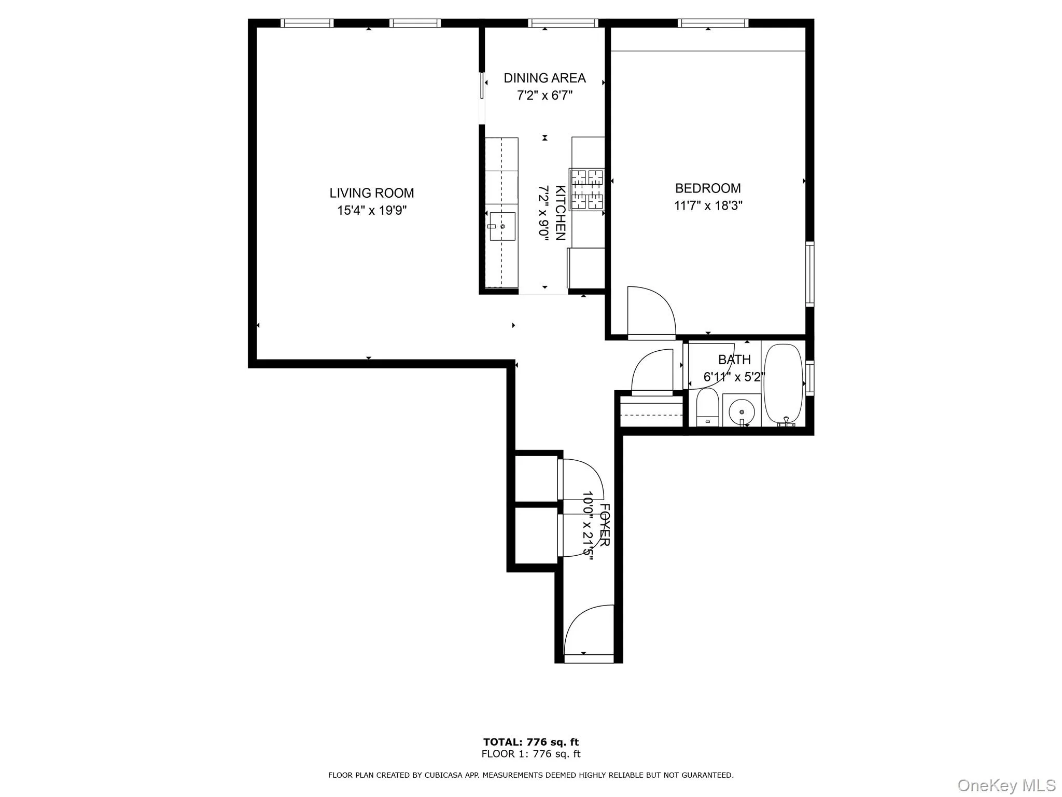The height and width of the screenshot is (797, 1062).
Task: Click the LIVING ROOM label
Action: coord(371,193)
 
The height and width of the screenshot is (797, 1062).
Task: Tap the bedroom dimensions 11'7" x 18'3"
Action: coord(708,206)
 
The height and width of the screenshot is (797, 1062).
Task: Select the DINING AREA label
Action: coord(544,78)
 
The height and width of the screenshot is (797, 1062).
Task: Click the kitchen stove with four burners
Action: coord(588,189)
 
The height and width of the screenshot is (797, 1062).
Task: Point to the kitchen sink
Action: coord(502,227)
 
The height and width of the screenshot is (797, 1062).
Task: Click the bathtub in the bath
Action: coord(784,384)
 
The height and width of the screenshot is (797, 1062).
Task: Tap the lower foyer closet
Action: coord(536,535)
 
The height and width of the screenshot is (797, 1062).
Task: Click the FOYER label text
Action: coord(604,525)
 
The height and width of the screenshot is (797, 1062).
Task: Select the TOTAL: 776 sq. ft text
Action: coord(530,742)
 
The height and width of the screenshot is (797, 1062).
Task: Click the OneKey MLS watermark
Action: coord(1006,785)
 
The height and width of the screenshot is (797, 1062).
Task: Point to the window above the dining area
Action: coord(563,23)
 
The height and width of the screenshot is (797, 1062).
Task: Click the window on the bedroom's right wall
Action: coord(809,273)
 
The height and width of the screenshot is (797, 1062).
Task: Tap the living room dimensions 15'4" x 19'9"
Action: coord(371,211)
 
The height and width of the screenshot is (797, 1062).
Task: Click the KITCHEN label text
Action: coord(560,213)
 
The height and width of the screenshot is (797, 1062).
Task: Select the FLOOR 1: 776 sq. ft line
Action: coord(530,754)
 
